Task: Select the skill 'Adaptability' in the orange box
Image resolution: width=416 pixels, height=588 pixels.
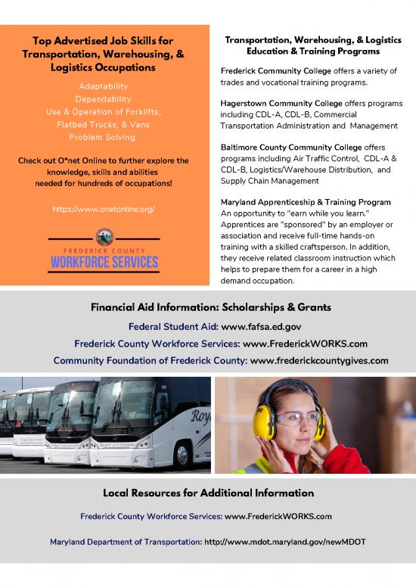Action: click(104, 86)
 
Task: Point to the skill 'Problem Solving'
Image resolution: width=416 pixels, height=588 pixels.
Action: click(104, 137)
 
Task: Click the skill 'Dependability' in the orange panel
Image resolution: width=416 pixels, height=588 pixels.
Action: click(104, 99)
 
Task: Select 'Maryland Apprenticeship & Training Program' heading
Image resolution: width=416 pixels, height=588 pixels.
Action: click(306, 202)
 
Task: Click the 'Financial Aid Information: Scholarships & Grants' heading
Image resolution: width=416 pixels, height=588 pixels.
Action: click(207, 308)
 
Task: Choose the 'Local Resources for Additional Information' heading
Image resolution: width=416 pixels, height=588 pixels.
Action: click(207, 493)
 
